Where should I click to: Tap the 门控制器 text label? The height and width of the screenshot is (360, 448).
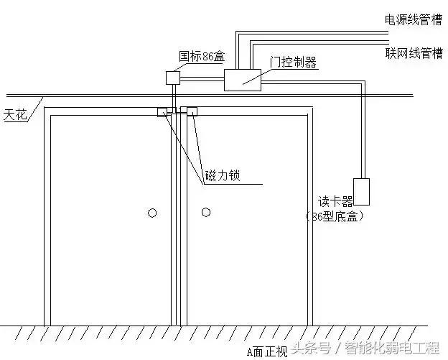tap(293, 63)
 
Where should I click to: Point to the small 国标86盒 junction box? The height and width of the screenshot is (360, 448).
tap(173, 77)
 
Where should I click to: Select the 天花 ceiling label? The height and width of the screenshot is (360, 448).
tap(15, 114)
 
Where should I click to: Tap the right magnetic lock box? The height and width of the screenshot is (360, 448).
tap(192, 111)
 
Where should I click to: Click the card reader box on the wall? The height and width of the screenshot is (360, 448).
tap(361, 190)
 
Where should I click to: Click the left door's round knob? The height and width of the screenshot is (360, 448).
tap(151, 212)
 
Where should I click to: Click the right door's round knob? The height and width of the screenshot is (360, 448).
tap(206, 212)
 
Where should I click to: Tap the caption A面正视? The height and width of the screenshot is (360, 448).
tap(267, 351)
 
